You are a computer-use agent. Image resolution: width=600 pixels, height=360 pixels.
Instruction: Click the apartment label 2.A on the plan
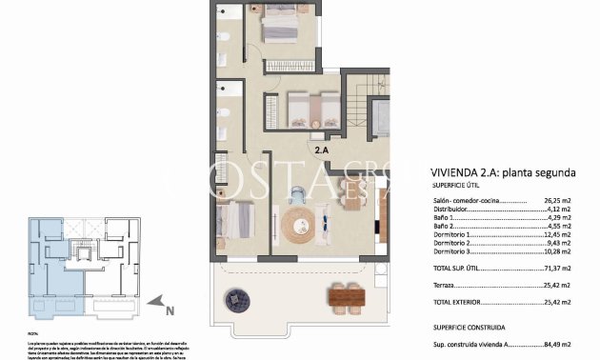[x=322, y=149]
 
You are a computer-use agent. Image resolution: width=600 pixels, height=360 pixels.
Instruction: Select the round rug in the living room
[x=303, y=226]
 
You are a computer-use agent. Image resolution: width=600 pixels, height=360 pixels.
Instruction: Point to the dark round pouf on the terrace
[x=235, y=300]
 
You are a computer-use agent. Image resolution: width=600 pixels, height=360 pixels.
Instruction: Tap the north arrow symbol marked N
[x=169, y=310]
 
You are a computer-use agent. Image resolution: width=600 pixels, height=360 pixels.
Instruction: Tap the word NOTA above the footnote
[x=33, y=333]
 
